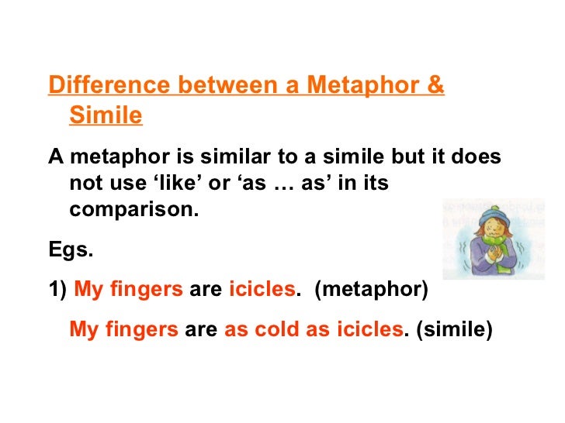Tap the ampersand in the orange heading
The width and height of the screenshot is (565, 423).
[435, 85]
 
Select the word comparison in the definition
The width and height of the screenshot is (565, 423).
[133, 210]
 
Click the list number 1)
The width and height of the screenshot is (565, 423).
[58, 290]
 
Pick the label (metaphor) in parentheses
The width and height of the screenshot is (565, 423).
[372, 290]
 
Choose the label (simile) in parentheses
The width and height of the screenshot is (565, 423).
[454, 329]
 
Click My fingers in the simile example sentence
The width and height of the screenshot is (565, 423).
[123, 329]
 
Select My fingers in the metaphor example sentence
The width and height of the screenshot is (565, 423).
[128, 290]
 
